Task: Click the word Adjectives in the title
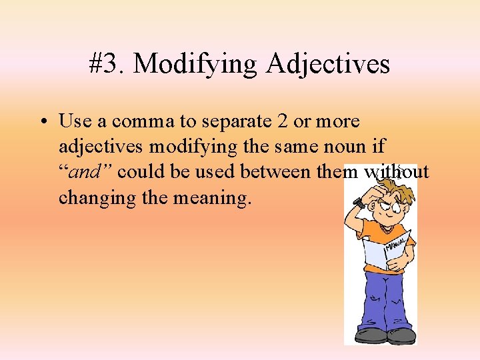[328, 65]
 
